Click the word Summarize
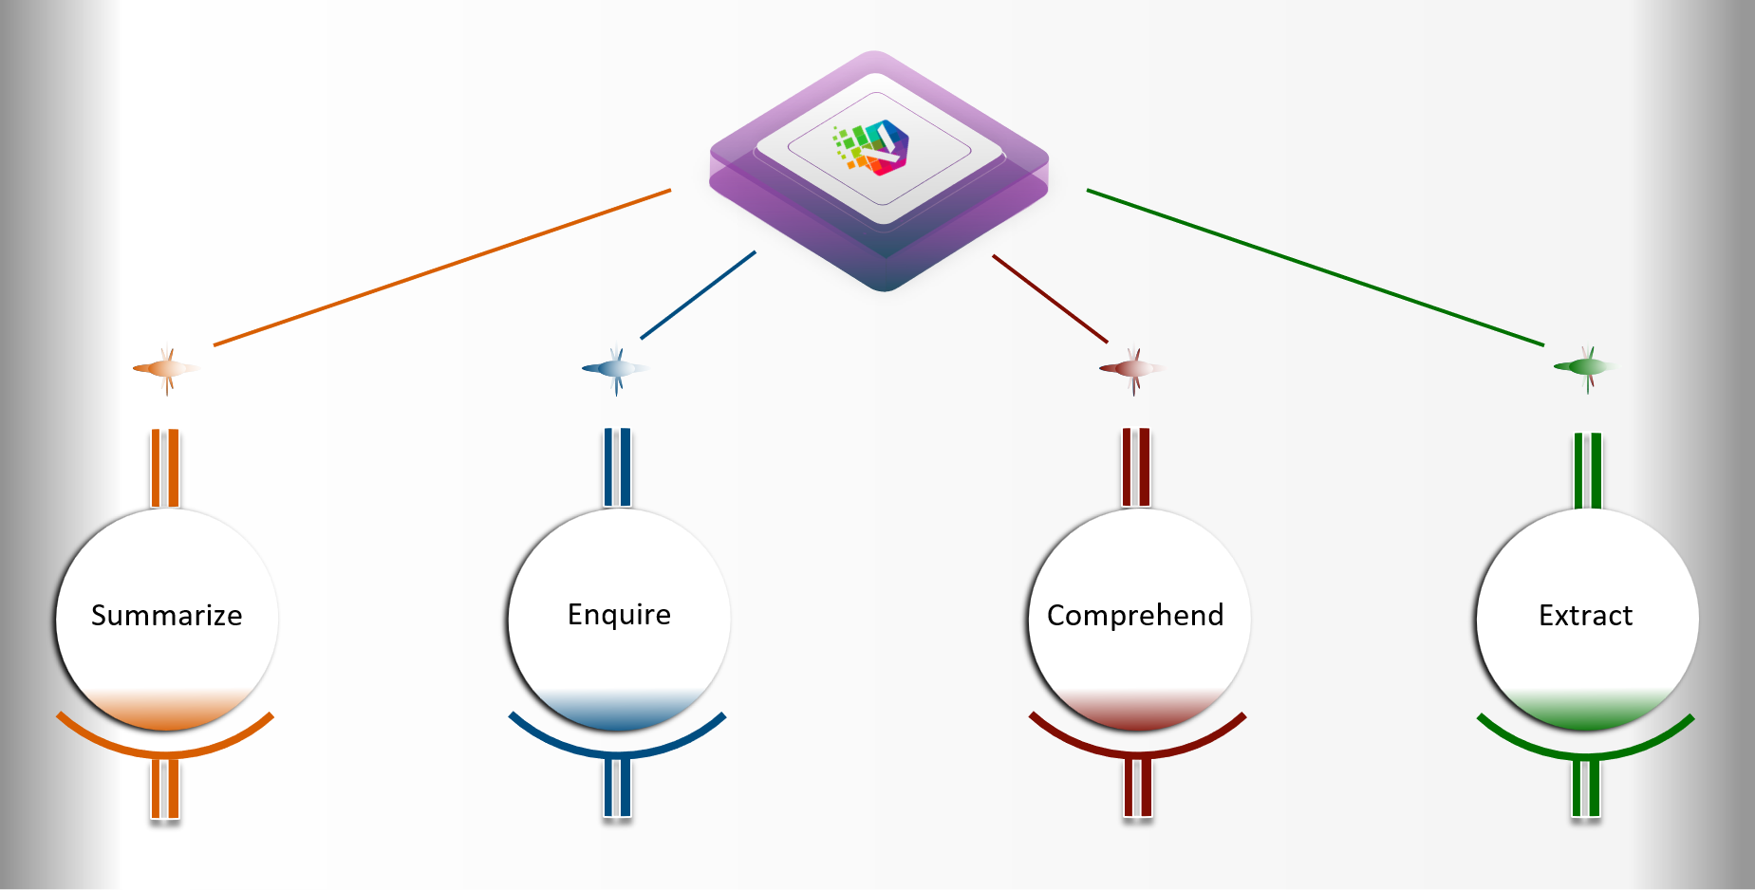(x=166, y=616)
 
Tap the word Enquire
(x=619, y=615)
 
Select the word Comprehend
(x=1135, y=616)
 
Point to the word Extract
(x=1585, y=616)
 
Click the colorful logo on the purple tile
(x=875, y=148)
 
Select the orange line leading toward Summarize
(x=441, y=268)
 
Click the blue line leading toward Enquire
(x=698, y=295)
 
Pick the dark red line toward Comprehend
(x=1050, y=298)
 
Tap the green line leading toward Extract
(x=1315, y=268)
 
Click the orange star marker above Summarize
(x=167, y=368)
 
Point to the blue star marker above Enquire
(x=616, y=368)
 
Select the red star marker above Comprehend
(x=1132, y=368)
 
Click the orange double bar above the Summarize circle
(x=165, y=468)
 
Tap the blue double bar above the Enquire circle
(x=617, y=467)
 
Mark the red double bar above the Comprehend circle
(x=1136, y=467)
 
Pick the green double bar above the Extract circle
(x=1587, y=470)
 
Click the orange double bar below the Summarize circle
(x=165, y=788)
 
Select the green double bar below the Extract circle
(x=1586, y=788)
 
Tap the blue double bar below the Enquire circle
(x=617, y=788)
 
